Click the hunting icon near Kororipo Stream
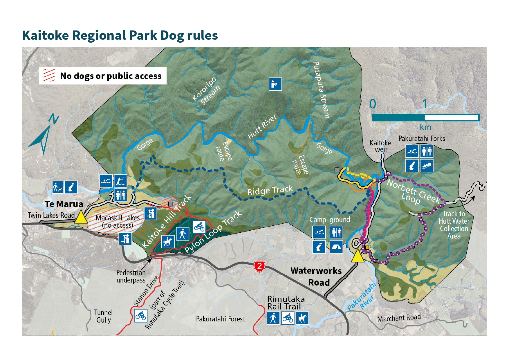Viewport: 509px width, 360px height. (275, 84)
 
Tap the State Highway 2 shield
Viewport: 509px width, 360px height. (259, 266)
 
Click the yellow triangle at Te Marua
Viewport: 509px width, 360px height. (81, 217)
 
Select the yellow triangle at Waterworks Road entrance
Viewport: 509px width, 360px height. (358, 256)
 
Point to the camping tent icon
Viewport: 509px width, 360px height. (336, 247)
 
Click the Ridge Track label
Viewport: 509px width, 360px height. (270, 191)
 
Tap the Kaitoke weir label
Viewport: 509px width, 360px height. (380, 146)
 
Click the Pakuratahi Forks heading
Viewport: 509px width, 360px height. (421, 138)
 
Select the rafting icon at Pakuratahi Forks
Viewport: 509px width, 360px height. (426, 166)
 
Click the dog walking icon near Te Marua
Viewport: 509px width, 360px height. (57, 187)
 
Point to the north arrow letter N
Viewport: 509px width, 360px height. (53, 119)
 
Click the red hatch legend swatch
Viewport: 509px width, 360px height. (49, 75)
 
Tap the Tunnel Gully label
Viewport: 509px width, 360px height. (103, 316)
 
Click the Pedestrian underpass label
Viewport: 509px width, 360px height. (131, 276)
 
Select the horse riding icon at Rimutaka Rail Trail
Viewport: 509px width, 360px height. (302, 318)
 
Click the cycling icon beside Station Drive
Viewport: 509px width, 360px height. (141, 316)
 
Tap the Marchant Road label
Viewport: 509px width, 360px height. (399, 318)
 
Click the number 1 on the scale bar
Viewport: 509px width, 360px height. (425, 104)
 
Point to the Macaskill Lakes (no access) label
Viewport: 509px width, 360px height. (118, 221)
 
